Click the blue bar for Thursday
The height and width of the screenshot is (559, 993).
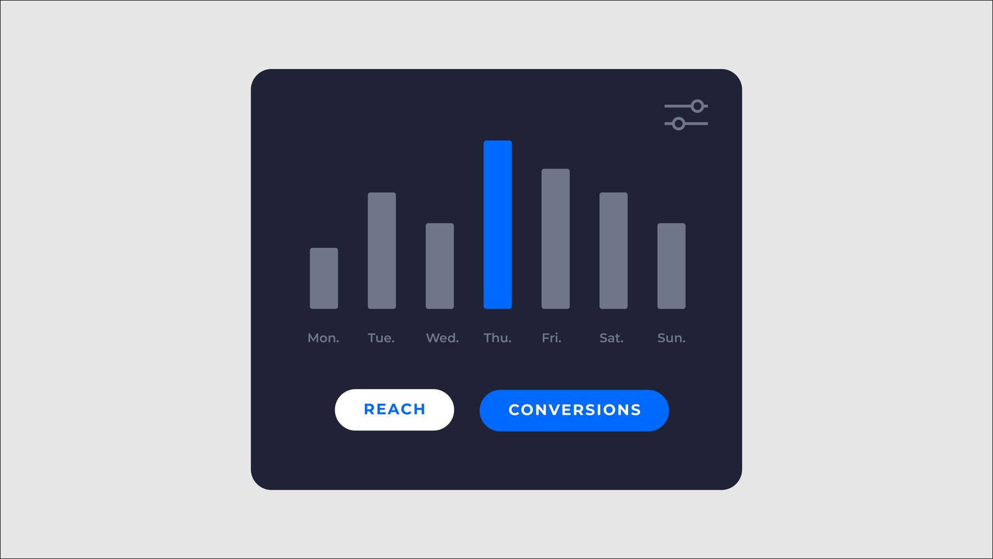coord(497,225)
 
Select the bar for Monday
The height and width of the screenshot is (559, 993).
coord(324,278)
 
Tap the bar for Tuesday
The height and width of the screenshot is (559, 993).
coord(382,250)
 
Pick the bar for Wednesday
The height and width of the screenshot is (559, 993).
coord(439,266)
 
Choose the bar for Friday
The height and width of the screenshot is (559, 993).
coord(556,239)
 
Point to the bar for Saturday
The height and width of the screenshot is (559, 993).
coord(613,250)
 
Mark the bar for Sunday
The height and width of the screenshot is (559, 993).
coord(671,266)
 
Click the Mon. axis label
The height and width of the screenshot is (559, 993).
coord(323,338)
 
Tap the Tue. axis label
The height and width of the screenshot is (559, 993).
coord(381,338)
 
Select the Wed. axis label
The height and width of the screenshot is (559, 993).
coord(442,338)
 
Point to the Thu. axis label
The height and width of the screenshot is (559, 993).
coord(497,338)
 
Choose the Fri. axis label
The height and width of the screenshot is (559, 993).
coord(552,338)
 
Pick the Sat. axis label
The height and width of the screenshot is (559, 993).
coord(611,338)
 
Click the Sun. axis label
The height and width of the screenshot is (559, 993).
coord(671,338)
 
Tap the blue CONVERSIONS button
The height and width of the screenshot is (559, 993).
coord(574,410)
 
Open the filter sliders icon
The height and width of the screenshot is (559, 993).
coord(686,115)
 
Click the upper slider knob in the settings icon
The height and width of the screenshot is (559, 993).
coord(698,106)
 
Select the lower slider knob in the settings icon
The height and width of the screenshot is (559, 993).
coord(679,124)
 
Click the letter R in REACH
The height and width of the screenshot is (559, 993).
coord(369,409)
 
